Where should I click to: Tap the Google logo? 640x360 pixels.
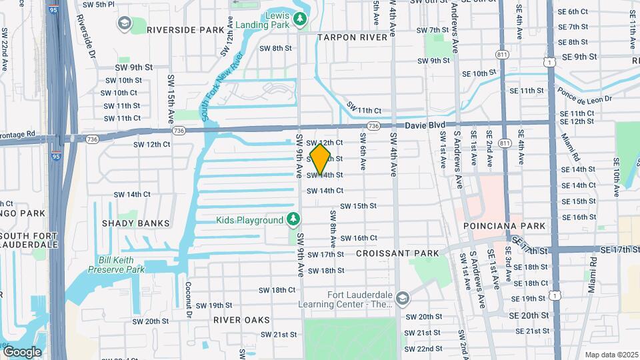tap(22, 351)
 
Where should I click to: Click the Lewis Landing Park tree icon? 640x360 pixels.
tap(299, 19)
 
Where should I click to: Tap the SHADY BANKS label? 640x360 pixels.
tap(136, 223)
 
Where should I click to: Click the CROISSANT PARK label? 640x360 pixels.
tap(397, 253)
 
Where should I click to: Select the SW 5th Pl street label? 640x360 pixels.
tap(99, 4)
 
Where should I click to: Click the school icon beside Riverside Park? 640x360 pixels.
tap(125, 24)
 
